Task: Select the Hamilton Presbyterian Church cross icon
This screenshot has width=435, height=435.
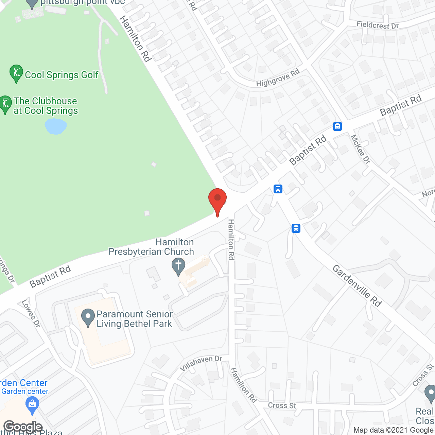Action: [x=178, y=266]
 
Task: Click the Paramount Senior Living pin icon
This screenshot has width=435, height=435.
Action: [x=88, y=317]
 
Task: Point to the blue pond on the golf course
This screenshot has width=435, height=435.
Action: [x=55, y=126]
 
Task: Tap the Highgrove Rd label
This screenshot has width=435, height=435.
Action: [x=278, y=78]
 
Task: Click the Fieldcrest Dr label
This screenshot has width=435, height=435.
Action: [x=377, y=25]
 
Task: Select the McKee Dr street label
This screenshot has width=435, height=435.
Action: [x=360, y=149]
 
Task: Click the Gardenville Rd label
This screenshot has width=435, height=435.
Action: [x=357, y=286]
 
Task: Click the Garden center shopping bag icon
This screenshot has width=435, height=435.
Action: [x=32, y=405]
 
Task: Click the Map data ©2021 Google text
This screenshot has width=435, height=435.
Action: [x=394, y=430]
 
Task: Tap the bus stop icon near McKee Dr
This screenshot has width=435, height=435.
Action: [x=337, y=126]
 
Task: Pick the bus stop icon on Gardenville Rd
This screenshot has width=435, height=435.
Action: [x=296, y=228]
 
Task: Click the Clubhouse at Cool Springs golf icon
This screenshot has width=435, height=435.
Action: [x=5, y=104]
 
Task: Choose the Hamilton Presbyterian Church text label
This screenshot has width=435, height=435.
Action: [x=151, y=247]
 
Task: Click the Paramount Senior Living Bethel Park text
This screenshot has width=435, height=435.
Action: [x=135, y=319]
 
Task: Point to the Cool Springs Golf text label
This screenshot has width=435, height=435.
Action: [x=62, y=75]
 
